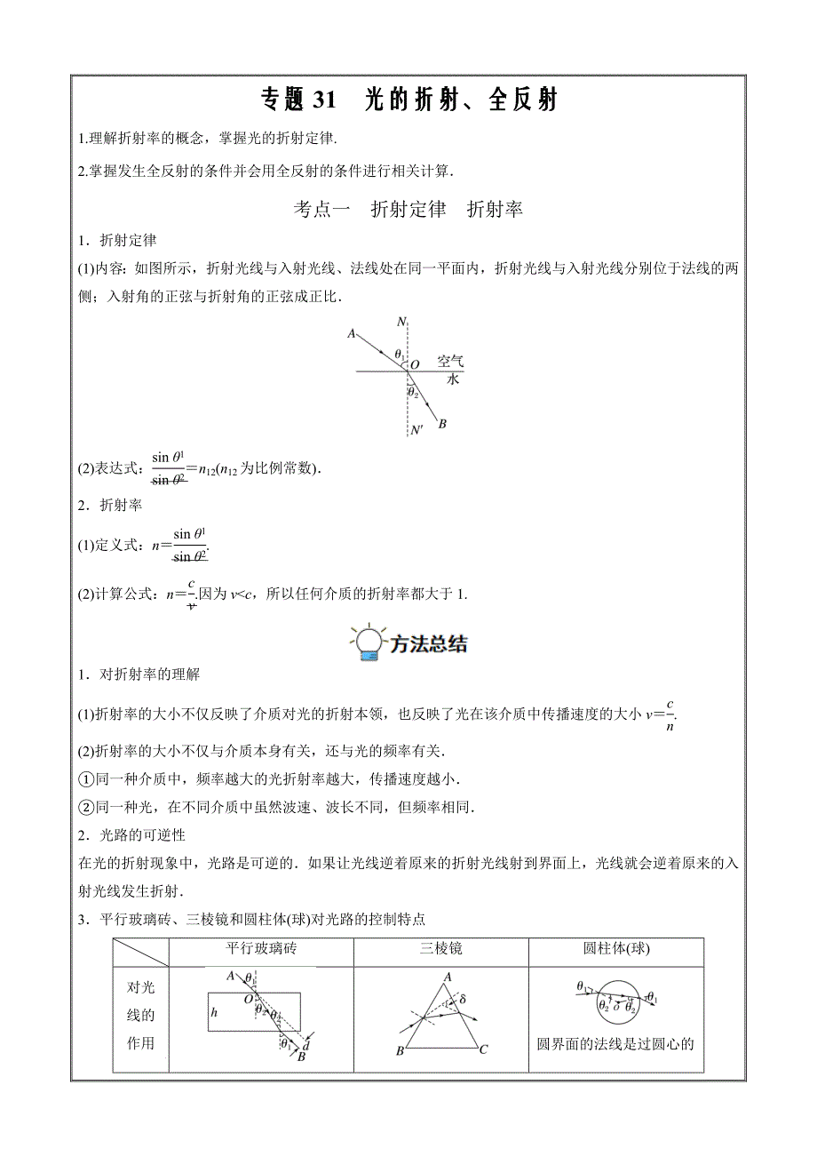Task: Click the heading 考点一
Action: [322, 210]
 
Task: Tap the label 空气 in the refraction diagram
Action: [450, 362]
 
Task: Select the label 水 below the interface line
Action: [452, 379]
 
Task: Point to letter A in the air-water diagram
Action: [352, 334]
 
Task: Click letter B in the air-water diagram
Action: [441, 424]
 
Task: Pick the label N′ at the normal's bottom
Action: [416, 431]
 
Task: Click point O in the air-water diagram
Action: [415, 363]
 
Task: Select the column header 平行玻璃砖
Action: [261, 949]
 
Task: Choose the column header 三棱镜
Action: [441, 949]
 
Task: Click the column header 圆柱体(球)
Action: [616, 949]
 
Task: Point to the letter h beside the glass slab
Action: [214, 1012]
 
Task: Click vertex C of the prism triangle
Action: [483, 1050]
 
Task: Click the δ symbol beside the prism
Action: [461, 1001]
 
